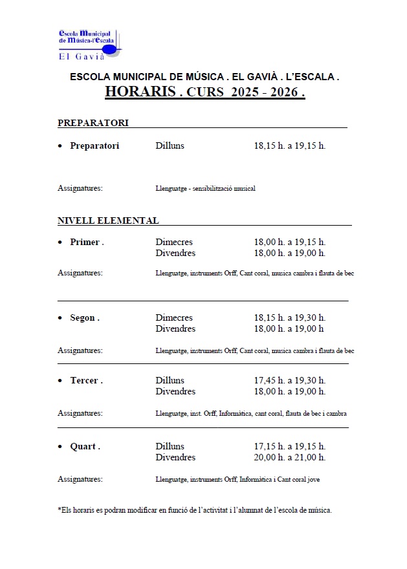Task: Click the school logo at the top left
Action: point(89,42)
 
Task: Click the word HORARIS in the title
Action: point(140,92)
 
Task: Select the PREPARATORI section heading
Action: point(93,123)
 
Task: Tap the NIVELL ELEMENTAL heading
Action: point(108,220)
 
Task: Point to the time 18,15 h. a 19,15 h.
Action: point(289,145)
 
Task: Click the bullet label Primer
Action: point(86,242)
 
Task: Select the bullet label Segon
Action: point(84,318)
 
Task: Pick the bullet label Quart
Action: point(85,447)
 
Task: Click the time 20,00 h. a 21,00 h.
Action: point(289,458)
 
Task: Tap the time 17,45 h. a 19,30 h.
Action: point(289,381)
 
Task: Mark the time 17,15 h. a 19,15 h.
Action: point(289,447)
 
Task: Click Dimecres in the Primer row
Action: point(174,242)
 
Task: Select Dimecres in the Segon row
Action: point(174,318)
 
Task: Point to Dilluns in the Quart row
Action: point(170,447)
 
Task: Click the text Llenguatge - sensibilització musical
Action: point(205,189)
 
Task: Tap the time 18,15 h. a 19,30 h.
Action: point(289,318)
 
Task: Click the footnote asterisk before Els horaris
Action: point(59,510)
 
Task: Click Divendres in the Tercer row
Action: point(175,392)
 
